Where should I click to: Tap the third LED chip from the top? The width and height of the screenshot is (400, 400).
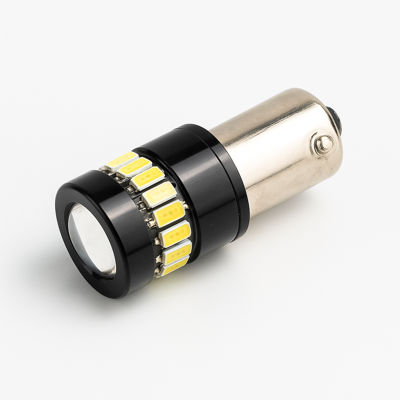point(147,178)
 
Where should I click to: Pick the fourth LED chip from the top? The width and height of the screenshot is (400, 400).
point(159,194)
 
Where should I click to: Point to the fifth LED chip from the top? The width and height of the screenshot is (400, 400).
point(169,214)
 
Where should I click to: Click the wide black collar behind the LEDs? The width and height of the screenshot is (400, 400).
point(195,184)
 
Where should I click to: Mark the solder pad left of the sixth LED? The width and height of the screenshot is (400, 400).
point(157,241)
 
